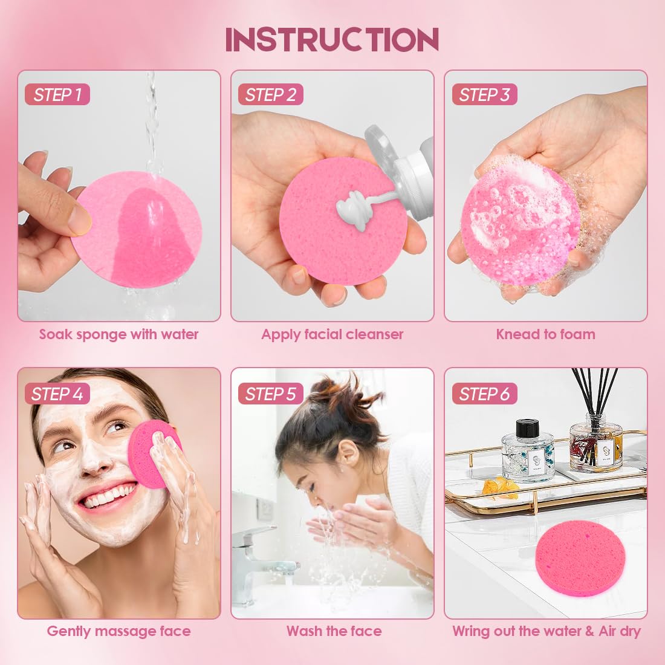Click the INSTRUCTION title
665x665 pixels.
point(332,40)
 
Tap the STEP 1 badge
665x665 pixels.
point(57,95)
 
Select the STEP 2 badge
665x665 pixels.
point(270,95)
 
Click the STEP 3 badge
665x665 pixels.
point(484,95)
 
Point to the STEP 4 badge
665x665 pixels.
point(57,394)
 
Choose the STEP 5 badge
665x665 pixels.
point(270,394)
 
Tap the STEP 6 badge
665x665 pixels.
point(484,394)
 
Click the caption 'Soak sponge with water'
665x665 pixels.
point(119,334)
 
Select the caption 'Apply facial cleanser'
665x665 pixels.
point(332,334)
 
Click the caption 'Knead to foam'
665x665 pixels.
point(545,334)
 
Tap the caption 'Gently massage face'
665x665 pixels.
point(119,632)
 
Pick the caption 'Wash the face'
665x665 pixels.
point(334,632)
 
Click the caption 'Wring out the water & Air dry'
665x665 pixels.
point(547,632)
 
